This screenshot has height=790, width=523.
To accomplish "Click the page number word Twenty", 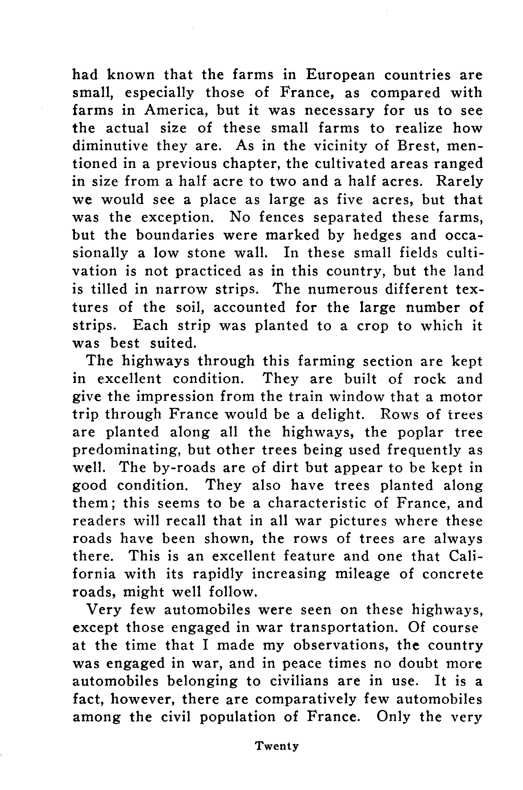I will pos(277,746).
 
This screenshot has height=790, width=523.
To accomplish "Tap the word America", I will pos(176,111).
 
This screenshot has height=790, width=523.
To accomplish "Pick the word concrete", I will pos(452,574).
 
